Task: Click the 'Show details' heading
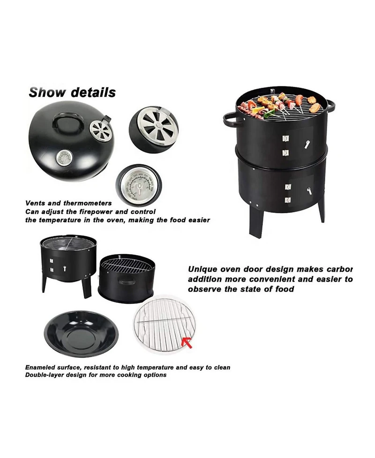pos(72,92)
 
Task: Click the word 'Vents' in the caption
pos(35,203)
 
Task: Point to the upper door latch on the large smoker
pos(307,144)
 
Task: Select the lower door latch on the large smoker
pos(309,191)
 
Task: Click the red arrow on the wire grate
pos(187,342)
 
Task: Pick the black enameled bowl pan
pos(82,334)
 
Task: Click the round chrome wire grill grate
pos(164,325)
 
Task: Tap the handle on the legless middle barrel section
pos(126,282)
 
